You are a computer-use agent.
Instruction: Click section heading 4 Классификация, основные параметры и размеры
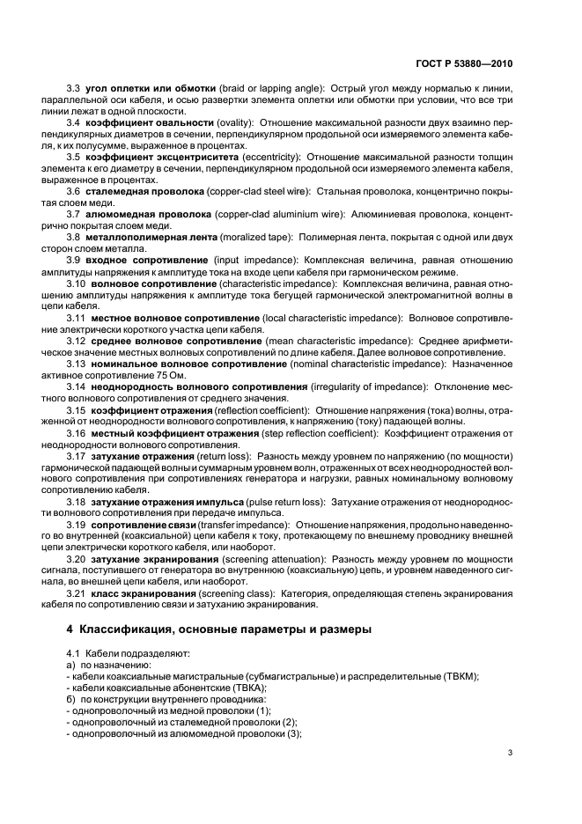(x=219, y=629)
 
